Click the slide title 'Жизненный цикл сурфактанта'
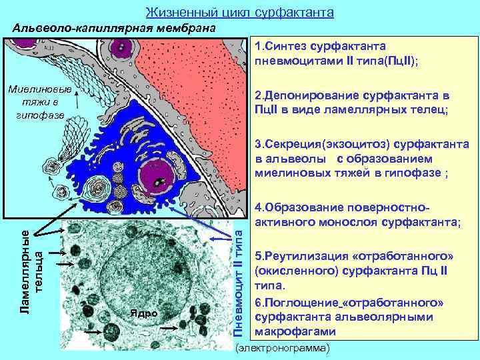click(x=239, y=13)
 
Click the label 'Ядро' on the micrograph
click(x=144, y=313)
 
